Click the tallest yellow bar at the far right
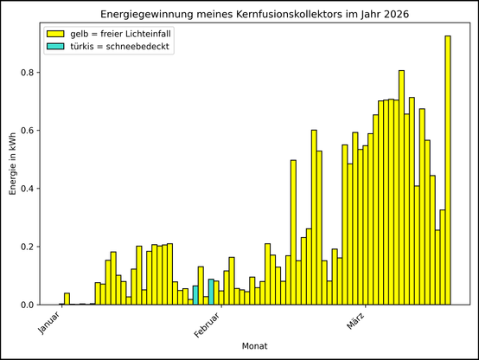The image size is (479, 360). [x=448, y=173]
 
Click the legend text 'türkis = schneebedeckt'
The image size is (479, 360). [x=120, y=47]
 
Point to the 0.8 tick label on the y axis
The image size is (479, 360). [x=28, y=73]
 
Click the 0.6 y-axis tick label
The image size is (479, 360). [x=28, y=131]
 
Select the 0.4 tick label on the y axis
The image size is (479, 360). [x=28, y=189]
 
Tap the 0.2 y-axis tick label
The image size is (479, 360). [x=28, y=247]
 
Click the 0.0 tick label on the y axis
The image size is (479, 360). [x=28, y=305]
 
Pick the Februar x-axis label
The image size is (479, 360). [x=200, y=325]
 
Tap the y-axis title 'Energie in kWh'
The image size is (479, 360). [x=12, y=163]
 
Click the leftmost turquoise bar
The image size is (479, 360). [x=195, y=295]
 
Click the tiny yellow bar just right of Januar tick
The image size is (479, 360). [x=67, y=299]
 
